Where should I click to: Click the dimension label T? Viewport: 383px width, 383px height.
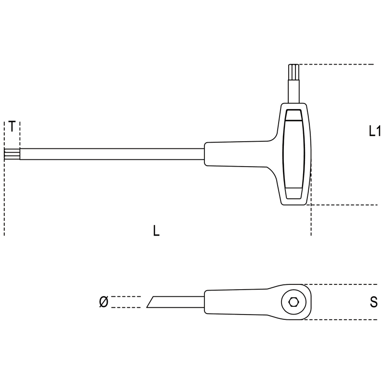12,126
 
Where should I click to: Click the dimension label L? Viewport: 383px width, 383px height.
157,231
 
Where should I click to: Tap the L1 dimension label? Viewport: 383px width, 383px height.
375,131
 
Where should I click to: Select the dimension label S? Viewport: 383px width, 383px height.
374,302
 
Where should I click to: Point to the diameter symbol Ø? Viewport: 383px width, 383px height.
104,302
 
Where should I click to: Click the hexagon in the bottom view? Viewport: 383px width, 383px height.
293,302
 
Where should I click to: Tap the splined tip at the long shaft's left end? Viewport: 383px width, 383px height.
12,154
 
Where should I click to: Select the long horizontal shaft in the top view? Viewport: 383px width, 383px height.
112,154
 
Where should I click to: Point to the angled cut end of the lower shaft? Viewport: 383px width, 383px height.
150,302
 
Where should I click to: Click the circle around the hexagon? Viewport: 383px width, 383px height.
293,302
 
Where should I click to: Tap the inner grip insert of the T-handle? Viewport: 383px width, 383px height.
294,154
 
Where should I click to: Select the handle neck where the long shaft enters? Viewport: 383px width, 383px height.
236,154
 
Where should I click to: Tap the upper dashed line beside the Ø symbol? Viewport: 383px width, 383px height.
126,296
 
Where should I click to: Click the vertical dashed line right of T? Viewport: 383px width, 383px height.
20,135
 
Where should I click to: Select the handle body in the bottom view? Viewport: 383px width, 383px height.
258,302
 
